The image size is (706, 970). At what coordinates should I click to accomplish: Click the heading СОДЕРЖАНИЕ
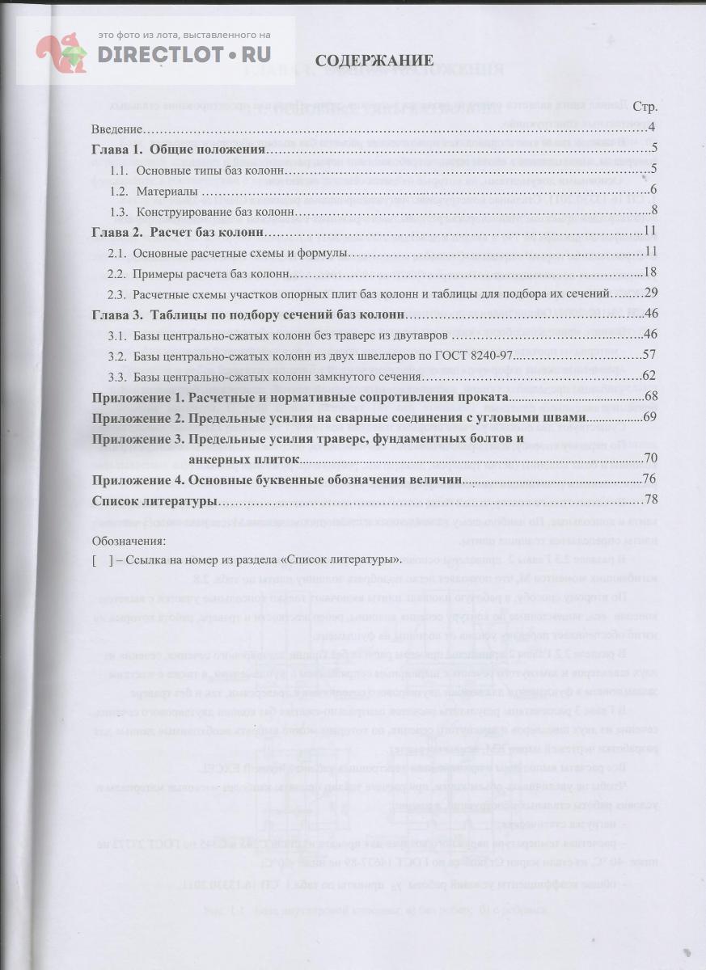[x=374, y=61]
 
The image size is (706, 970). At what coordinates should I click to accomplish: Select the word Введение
[x=117, y=129]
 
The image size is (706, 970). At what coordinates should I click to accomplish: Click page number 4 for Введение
[x=652, y=129]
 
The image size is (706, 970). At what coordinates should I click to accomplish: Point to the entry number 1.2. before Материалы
[x=119, y=191]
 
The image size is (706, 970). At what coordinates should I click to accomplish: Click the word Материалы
[x=167, y=191]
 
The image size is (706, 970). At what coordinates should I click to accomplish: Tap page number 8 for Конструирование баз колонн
[x=652, y=212]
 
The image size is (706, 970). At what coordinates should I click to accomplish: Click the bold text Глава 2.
[x=118, y=232]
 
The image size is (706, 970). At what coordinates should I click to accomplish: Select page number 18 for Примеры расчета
[x=649, y=273]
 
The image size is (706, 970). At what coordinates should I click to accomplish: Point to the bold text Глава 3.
[x=118, y=314]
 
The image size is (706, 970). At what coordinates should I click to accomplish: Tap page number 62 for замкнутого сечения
[x=649, y=376]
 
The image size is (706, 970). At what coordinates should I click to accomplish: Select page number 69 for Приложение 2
[x=649, y=418]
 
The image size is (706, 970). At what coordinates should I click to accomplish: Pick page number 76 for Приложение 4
[x=649, y=480]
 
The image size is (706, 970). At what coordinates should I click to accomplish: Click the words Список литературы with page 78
[x=154, y=501]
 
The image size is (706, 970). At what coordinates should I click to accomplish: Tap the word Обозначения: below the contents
[x=129, y=541]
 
